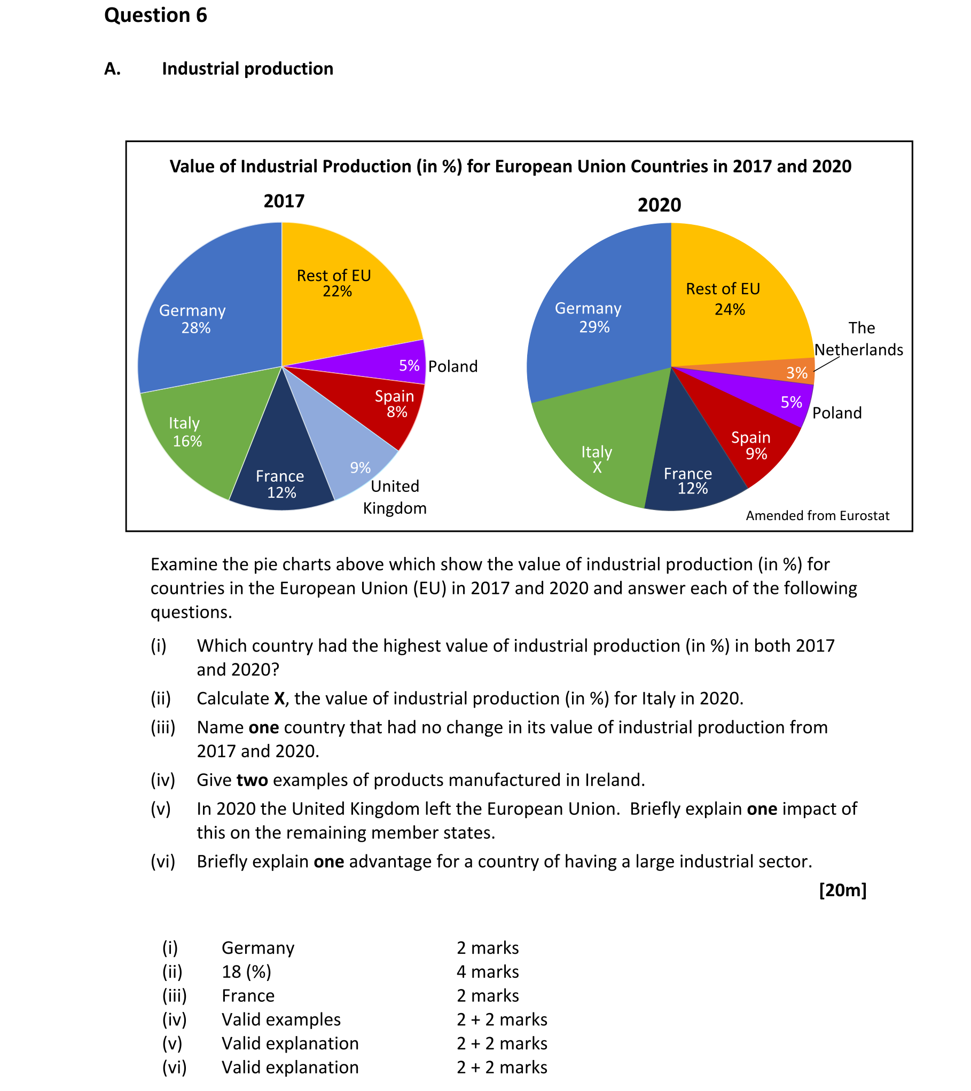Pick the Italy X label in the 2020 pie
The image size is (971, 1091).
[597, 459]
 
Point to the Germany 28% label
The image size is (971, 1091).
[193, 319]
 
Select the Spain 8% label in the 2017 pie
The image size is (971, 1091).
[395, 404]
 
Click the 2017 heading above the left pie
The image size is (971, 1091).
[284, 201]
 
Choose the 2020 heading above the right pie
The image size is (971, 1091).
[659, 205]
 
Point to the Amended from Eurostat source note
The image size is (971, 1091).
[817, 515]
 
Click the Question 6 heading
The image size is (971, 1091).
[155, 15]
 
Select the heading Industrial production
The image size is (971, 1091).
[247, 69]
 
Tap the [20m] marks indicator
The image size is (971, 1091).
[842, 890]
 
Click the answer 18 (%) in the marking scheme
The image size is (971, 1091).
[246, 971]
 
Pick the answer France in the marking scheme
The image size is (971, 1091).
[248, 995]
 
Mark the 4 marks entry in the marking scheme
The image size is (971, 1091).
[488, 971]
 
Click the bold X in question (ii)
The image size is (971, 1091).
[279, 698]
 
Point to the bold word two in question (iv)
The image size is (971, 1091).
[252, 780]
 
